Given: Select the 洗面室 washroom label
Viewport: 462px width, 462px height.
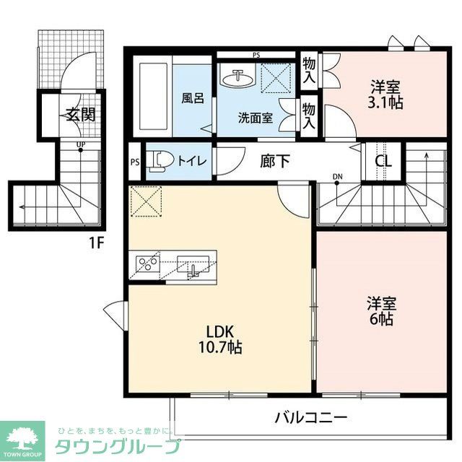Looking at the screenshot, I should pyautogui.click(x=256, y=118).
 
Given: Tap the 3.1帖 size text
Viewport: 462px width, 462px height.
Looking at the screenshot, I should pyautogui.click(x=384, y=103).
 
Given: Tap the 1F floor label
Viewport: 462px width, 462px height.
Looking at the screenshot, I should pyautogui.click(x=97, y=243).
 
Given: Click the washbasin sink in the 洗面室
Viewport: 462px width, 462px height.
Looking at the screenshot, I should pyautogui.click(x=238, y=77).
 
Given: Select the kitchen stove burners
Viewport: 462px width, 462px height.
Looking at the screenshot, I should pyautogui.click(x=147, y=263).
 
